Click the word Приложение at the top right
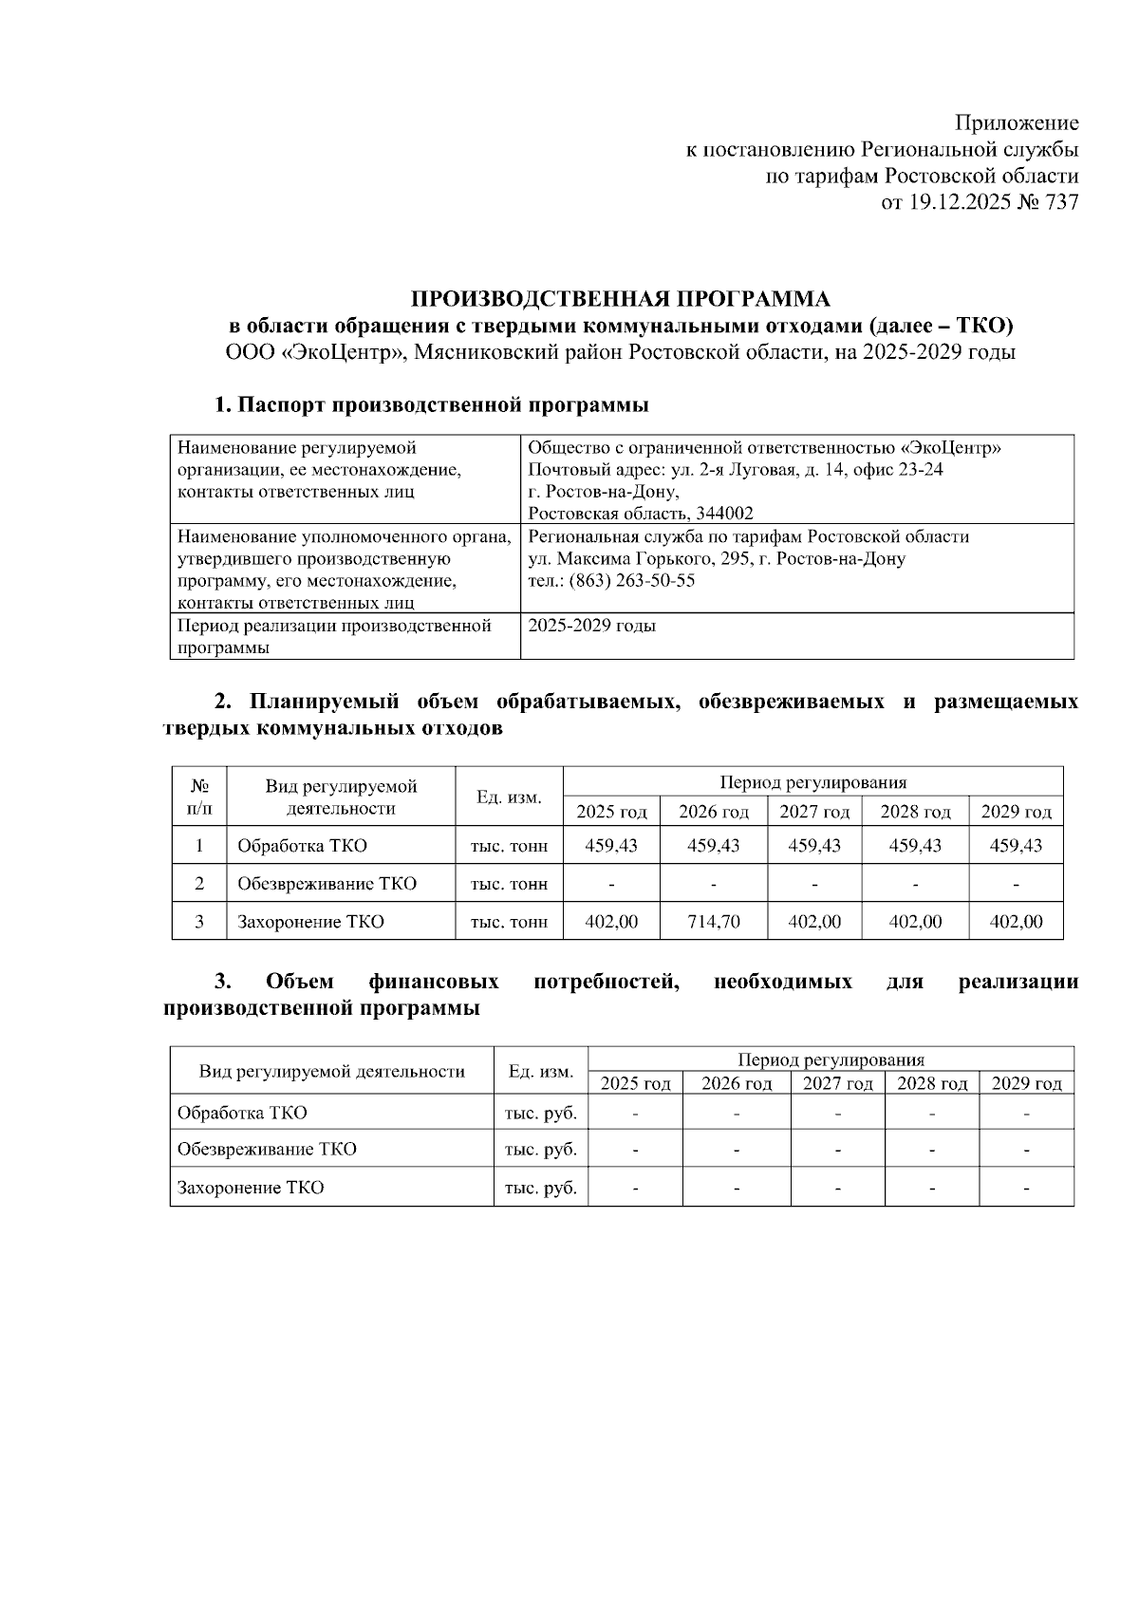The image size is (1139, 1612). tap(1016, 123)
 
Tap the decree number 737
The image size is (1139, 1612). tap(1060, 202)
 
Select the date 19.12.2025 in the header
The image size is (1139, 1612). tap(957, 202)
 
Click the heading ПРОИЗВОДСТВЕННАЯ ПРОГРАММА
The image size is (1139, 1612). tap(620, 300)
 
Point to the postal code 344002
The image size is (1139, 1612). tap(725, 514)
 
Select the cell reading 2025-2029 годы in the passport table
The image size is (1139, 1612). tap(591, 627)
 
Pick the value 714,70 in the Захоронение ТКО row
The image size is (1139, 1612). tap(713, 922)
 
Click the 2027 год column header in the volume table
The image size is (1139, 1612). tap(813, 812)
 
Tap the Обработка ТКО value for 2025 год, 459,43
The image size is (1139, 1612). tap(610, 846)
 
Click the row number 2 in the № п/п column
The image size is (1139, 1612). tap(199, 884)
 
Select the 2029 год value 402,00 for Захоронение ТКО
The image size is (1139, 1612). tap(1016, 922)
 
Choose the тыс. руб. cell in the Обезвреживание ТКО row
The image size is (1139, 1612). tap(540, 1150)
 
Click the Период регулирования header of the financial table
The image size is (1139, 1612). tap(831, 1060)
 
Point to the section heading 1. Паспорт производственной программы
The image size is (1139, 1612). tap(431, 405)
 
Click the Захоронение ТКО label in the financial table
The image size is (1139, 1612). tap(251, 1188)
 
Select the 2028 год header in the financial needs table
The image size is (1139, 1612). tap(932, 1084)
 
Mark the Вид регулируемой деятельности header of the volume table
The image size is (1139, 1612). tap(341, 797)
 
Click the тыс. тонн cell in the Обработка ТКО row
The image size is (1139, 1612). tap(509, 846)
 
